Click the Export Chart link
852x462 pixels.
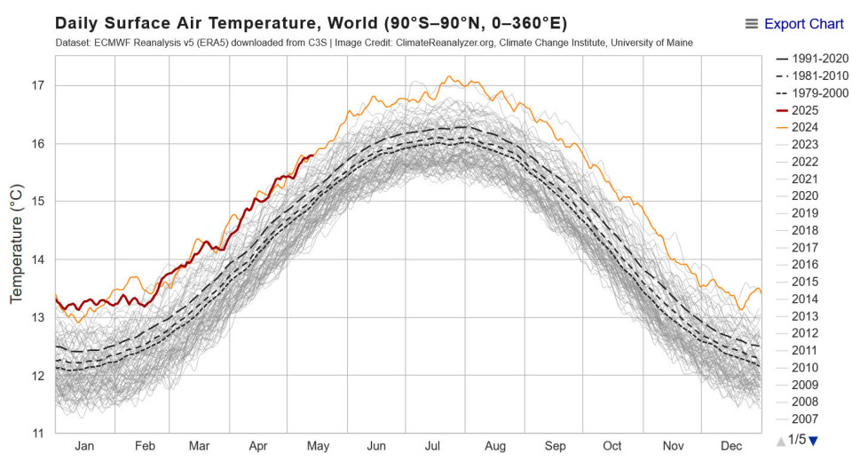pos(803,24)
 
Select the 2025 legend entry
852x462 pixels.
pos(805,110)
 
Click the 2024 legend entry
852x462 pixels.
pos(805,127)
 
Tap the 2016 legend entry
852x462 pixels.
pos(805,265)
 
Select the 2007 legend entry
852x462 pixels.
pos(805,419)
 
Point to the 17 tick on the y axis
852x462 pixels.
pos(38,85)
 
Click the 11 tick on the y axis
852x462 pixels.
pos(38,434)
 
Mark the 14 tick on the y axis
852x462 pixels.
pos(38,259)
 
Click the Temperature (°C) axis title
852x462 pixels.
pos(16,244)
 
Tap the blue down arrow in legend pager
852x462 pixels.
pos(813,441)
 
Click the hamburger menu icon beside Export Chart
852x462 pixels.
pos(752,24)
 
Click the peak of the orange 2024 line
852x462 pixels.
pos(449,76)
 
